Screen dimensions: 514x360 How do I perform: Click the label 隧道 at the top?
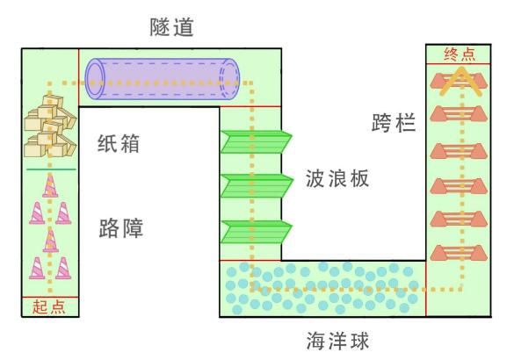tap(171, 27)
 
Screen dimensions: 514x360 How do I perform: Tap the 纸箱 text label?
tap(119, 143)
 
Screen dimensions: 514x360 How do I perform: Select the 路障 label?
tap(121, 228)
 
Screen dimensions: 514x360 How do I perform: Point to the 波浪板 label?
tap(337, 178)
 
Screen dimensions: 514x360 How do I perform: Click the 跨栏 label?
tap(394, 123)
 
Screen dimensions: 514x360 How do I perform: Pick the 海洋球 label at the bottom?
tap(337, 341)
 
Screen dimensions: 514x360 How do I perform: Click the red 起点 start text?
tap(49, 307)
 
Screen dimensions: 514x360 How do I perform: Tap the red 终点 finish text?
tap(460, 54)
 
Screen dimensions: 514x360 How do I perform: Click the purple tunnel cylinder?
tap(163, 79)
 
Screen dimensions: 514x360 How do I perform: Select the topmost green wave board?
tap(256, 141)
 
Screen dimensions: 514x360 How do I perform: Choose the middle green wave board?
tap(257, 186)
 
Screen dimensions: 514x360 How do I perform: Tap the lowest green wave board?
tap(256, 232)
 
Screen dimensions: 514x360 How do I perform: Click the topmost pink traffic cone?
tap(50, 185)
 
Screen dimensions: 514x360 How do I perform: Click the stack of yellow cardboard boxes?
tap(50, 126)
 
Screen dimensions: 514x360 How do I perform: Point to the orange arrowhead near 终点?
tap(461, 80)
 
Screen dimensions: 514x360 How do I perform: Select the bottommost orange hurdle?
tap(459, 253)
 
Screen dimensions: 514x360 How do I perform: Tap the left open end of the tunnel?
tap(95, 79)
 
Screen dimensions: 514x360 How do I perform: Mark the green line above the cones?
tap(51, 169)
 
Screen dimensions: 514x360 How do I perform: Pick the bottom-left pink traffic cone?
tap(37, 268)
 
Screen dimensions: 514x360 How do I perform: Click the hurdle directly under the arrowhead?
tap(459, 113)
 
